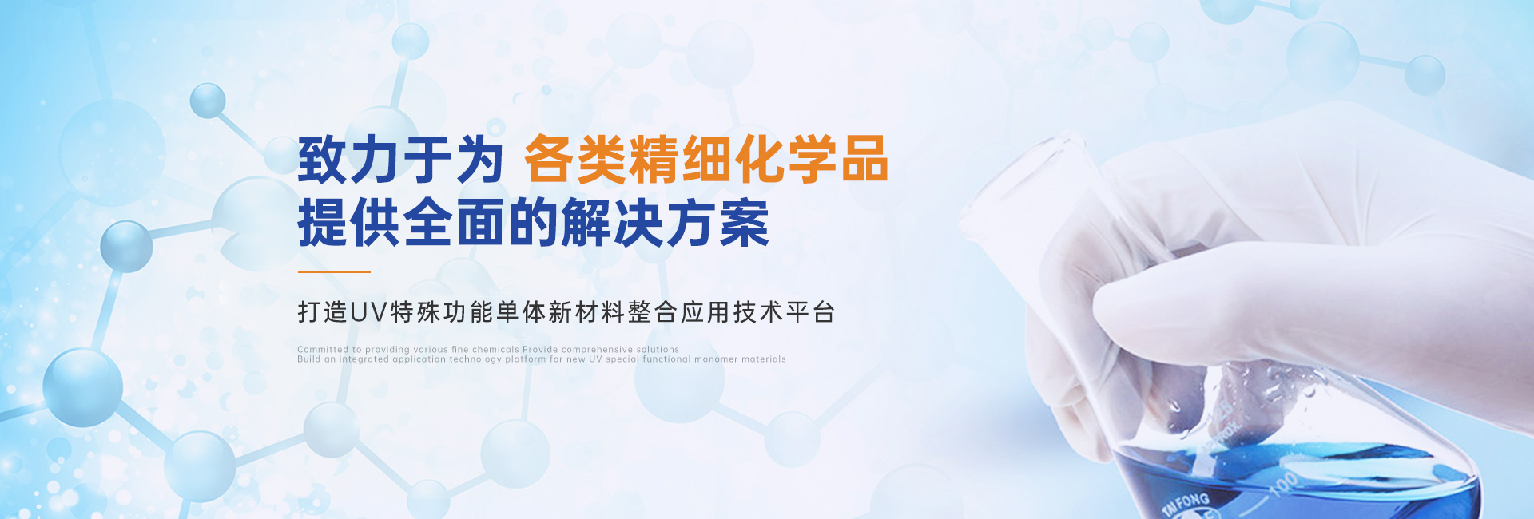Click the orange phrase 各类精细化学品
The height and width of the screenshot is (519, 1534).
coord(705,159)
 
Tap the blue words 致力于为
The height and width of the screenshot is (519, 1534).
coord(400,159)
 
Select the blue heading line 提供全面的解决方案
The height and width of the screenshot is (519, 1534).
coord(534,223)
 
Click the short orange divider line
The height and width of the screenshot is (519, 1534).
coord(334,271)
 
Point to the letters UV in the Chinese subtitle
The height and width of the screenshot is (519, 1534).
coord(368,312)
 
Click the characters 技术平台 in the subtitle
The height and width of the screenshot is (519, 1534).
coord(784,312)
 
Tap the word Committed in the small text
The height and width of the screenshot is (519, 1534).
coord(323,350)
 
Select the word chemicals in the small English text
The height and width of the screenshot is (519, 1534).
coord(495,350)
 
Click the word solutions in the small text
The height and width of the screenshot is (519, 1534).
coord(658,350)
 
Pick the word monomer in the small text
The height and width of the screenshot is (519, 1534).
coord(716,359)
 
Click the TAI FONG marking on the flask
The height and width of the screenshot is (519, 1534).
coord(1186,504)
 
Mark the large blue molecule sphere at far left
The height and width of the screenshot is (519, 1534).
coord(82,387)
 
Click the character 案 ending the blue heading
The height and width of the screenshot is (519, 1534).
coord(745,223)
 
